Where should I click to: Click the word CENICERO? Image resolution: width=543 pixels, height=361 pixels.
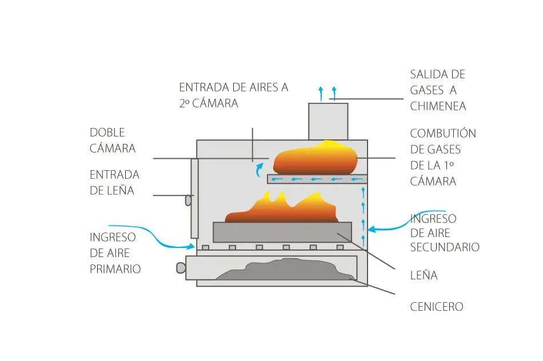(437, 307)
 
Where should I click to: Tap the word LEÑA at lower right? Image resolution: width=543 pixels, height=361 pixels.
(424, 275)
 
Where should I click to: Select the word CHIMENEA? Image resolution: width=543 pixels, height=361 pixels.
(438, 106)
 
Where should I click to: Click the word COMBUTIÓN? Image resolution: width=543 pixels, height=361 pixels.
(443, 134)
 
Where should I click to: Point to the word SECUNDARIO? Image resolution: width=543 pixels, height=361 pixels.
(445, 247)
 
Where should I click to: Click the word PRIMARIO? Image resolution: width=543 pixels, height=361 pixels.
(115, 268)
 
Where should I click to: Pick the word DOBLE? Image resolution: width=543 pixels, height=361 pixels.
(107, 133)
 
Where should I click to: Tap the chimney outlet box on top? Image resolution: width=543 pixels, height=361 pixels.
(328, 121)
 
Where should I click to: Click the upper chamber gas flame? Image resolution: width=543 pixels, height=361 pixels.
(315, 158)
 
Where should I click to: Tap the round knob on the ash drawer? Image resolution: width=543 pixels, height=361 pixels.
(181, 267)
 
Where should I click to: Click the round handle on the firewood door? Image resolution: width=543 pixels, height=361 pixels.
(187, 200)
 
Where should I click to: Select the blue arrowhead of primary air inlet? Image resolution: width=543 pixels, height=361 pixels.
(193, 247)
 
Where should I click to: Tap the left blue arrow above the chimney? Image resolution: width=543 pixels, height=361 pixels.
(321, 92)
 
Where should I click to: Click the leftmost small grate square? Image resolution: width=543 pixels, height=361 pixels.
(205, 247)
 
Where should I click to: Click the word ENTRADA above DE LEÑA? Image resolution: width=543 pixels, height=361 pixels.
(114, 175)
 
